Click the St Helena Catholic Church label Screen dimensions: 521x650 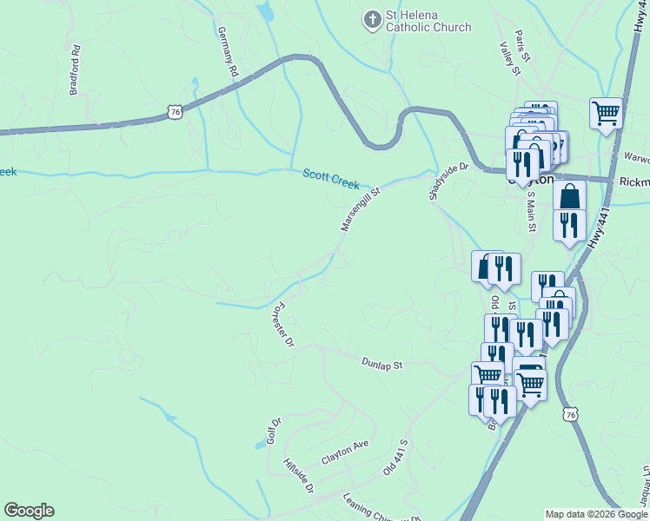coord(428,21)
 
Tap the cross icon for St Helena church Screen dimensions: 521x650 coord(372,20)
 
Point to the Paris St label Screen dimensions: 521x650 coord(522,47)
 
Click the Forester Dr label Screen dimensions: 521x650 coord(282,326)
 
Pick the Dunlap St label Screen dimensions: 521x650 coord(382,364)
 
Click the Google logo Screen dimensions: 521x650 coord(29,511)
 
